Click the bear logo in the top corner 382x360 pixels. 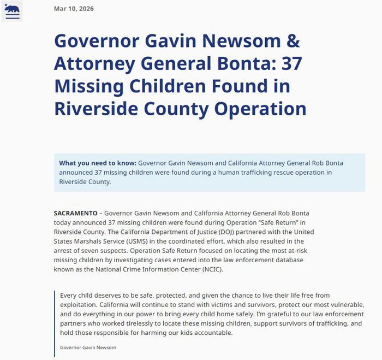(x=12, y=10)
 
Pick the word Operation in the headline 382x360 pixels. (x=260, y=109)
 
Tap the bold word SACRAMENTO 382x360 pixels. (x=75, y=213)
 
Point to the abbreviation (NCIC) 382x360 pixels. (x=210, y=269)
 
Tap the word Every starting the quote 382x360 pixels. (x=69, y=295)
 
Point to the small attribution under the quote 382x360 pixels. (x=88, y=347)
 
